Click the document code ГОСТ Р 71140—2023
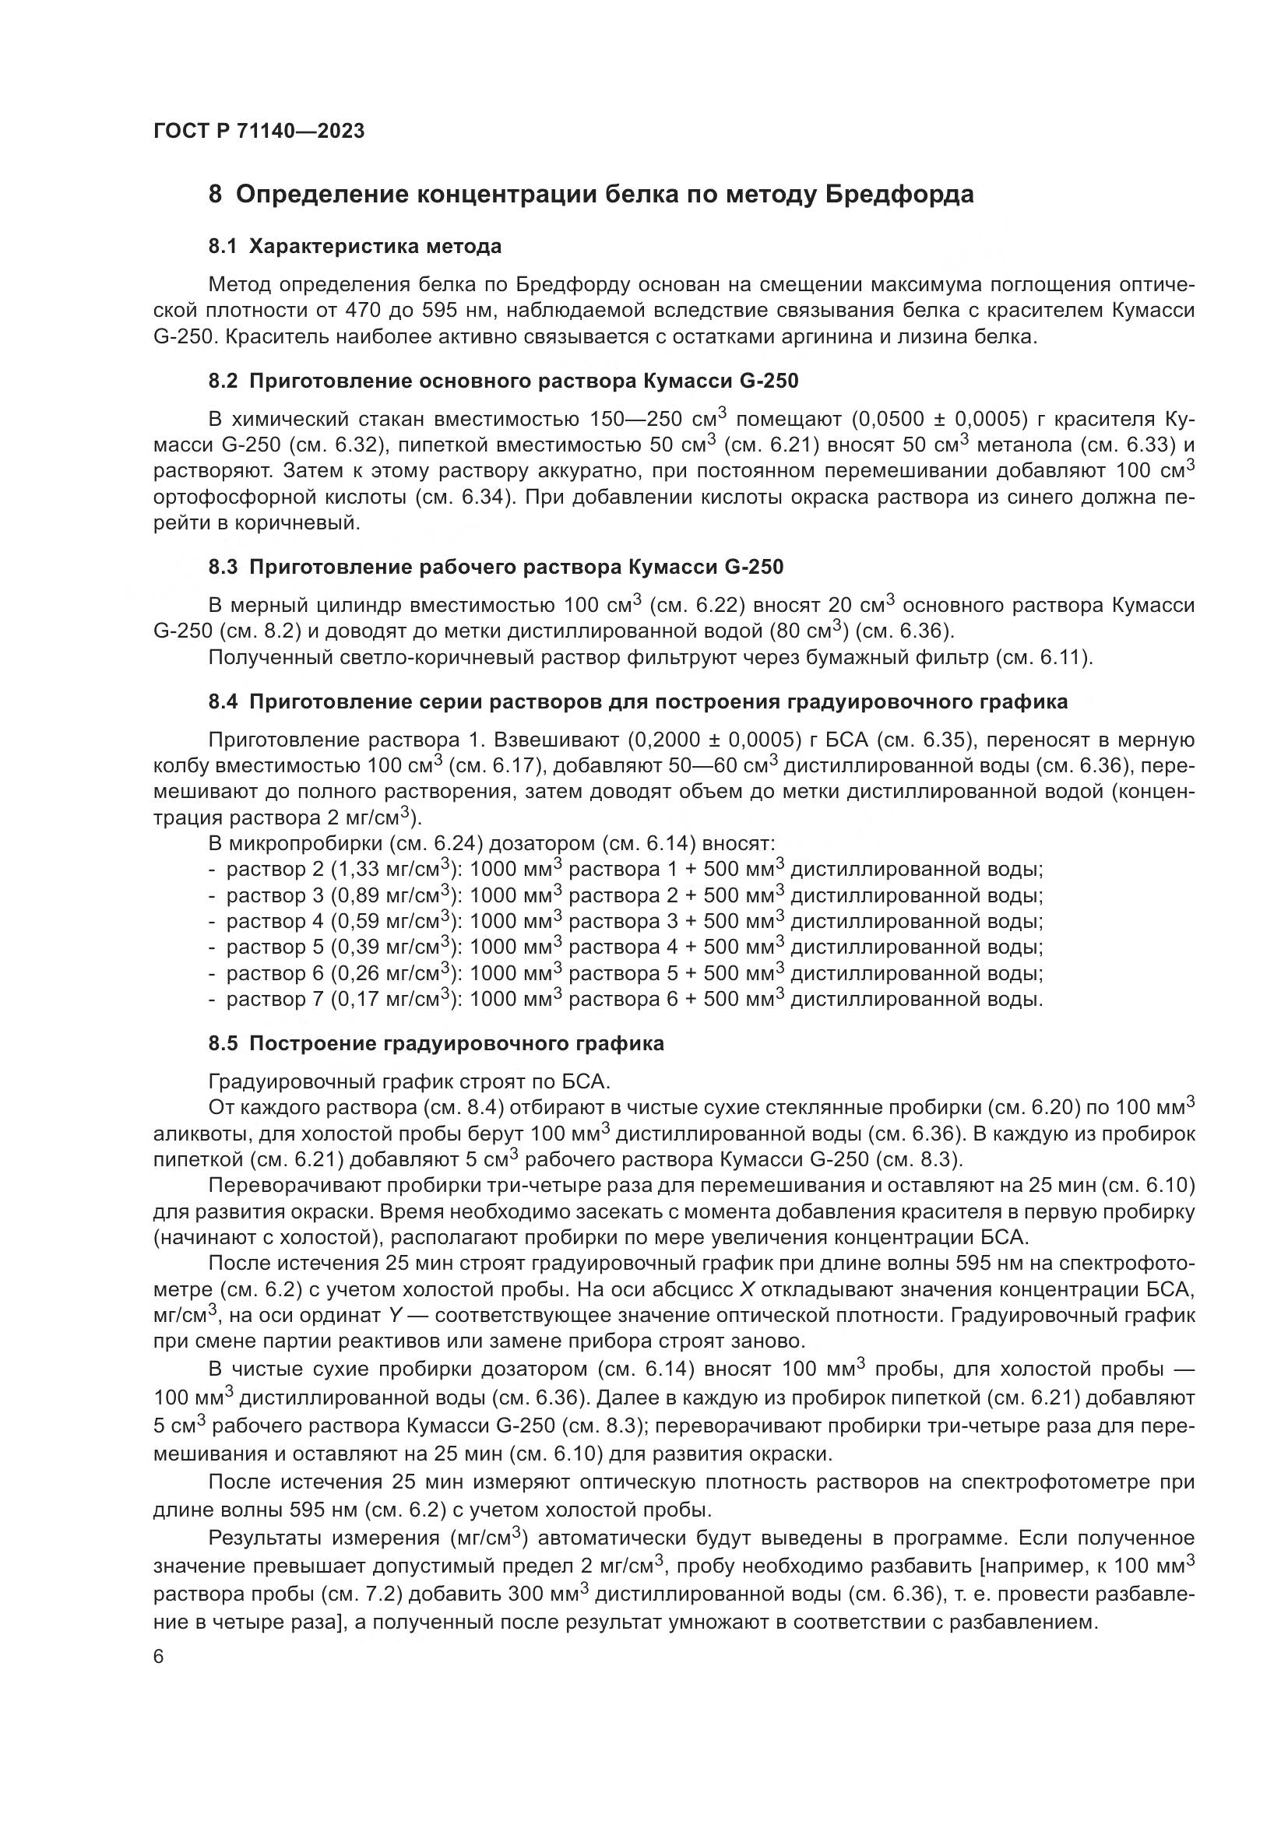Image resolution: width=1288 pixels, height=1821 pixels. (x=259, y=132)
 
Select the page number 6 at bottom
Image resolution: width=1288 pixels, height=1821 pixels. (x=159, y=1657)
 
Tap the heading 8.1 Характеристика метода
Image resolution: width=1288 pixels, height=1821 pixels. (x=354, y=247)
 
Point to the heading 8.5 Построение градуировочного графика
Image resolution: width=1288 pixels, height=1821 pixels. (x=436, y=1044)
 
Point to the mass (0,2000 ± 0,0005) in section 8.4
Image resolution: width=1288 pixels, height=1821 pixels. (x=715, y=740)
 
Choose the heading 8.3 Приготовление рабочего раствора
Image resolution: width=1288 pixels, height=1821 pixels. (x=496, y=567)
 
